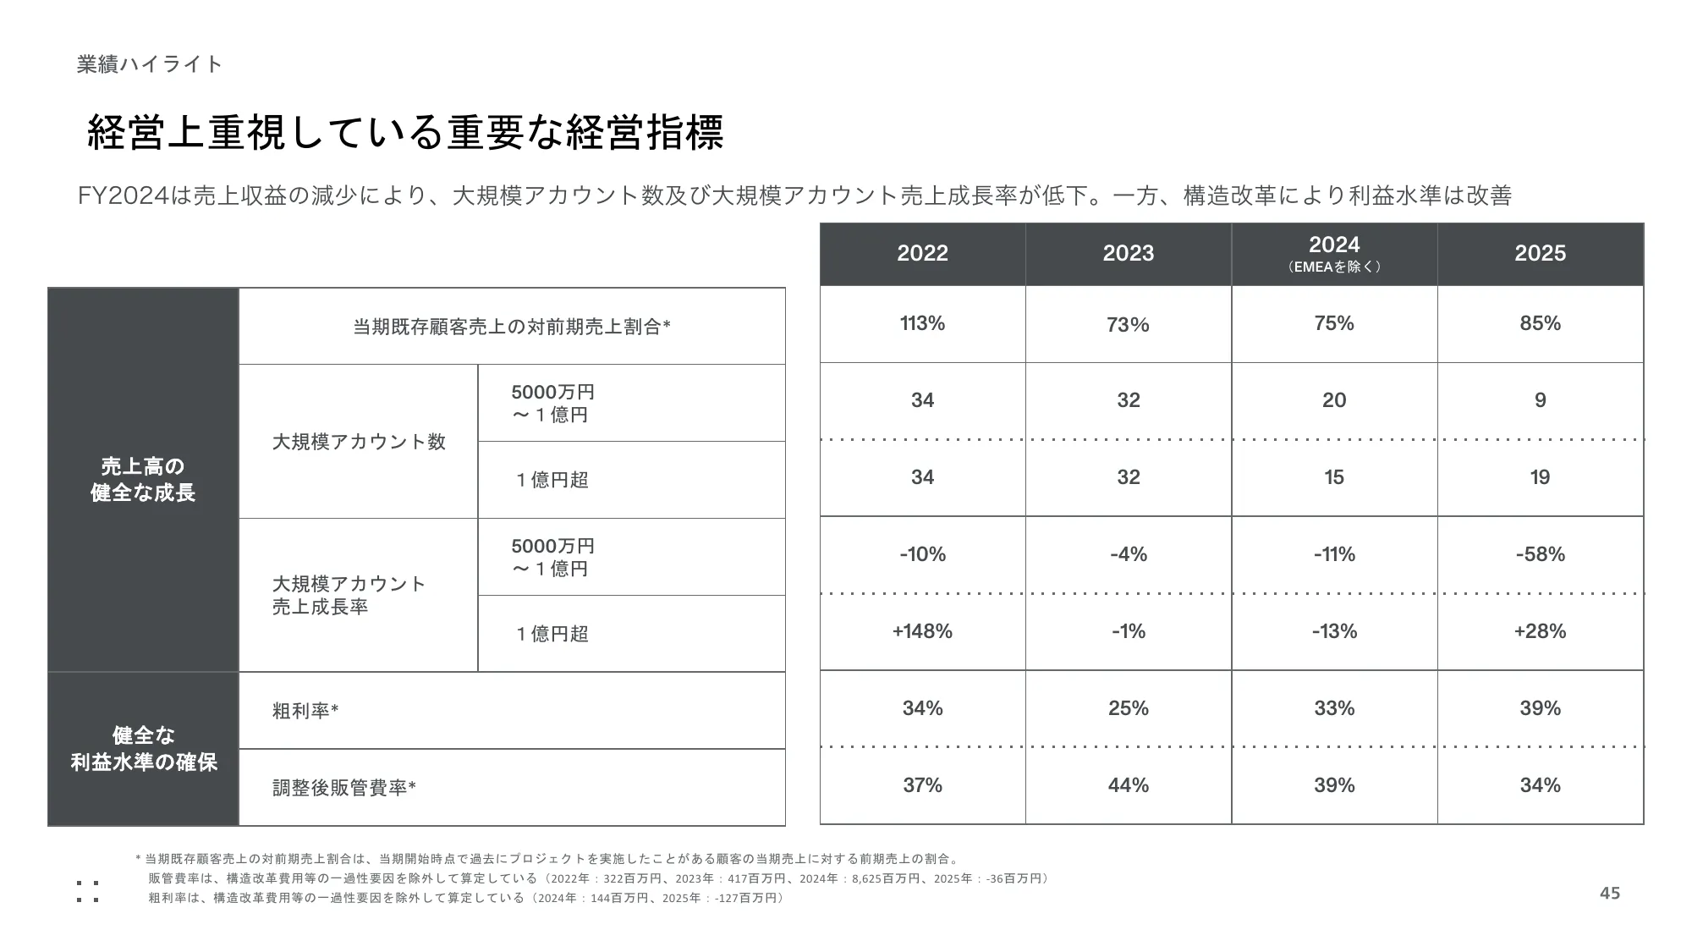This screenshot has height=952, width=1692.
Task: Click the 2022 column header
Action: (922, 253)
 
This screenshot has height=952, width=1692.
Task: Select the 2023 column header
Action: (1128, 253)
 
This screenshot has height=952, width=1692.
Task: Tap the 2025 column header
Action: (1540, 253)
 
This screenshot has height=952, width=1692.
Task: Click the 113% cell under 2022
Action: (922, 323)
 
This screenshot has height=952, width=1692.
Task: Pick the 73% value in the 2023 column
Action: (1128, 324)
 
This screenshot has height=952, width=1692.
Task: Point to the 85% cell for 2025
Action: (1540, 323)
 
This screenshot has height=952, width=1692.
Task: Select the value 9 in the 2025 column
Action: (1540, 400)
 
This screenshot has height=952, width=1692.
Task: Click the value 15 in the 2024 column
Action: (1334, 477)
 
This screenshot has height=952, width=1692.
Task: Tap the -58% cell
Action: (1540, 554)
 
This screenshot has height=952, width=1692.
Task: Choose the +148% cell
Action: (922, 631)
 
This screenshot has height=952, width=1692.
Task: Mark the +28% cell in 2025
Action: (1540, 631)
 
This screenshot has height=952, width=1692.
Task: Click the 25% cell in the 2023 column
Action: (1128, 708)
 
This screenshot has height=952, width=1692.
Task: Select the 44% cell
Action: (1128, 785)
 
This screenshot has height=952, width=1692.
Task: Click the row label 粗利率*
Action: (305, 711)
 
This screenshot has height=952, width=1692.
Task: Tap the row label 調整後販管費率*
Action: (344, 788)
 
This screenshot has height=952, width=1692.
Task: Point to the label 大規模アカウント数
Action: (359, 442)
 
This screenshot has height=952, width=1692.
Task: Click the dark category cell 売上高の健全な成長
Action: (143, 480)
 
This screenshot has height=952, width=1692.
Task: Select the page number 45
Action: (1610, 894)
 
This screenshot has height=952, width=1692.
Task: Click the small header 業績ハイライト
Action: (149, 64)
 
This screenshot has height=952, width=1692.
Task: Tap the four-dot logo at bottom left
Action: (87, 891)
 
